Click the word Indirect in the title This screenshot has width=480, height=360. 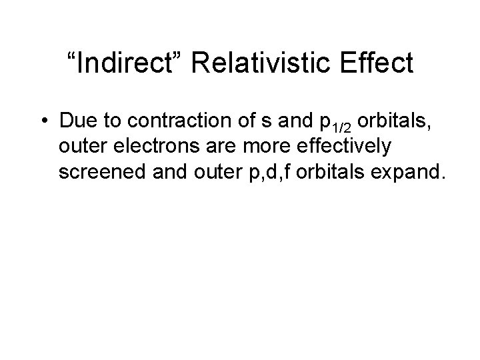pyautogui.click(x=127, y=63)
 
